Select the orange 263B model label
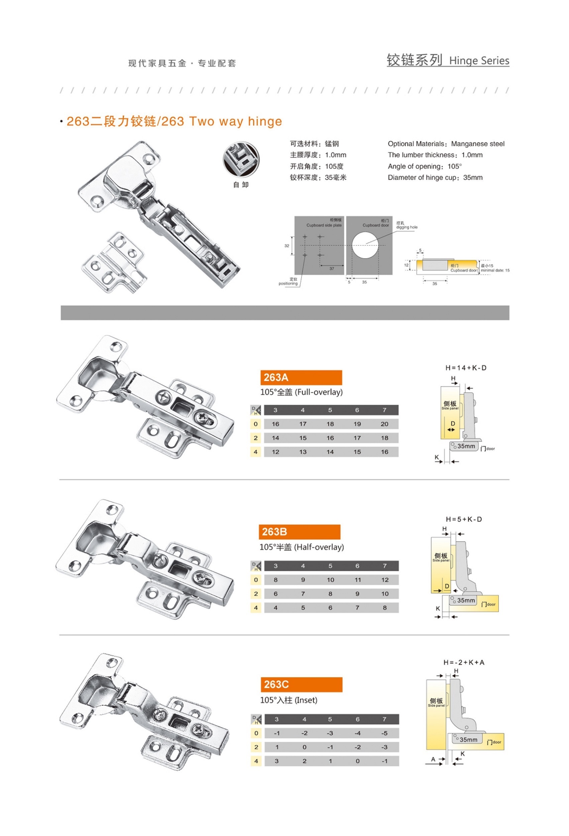[299, 532]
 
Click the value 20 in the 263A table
[384, 424]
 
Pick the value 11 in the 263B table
[357, 580]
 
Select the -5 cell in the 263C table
[384, 733]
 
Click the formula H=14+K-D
[465, 368]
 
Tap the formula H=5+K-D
[464, 519]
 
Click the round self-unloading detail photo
[241, 160]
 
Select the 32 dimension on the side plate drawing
[287, 246]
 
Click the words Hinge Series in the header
[479, 61]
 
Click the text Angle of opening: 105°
[425, 166]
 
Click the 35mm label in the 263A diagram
[466, 446]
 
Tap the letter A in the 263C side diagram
[433, 759]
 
